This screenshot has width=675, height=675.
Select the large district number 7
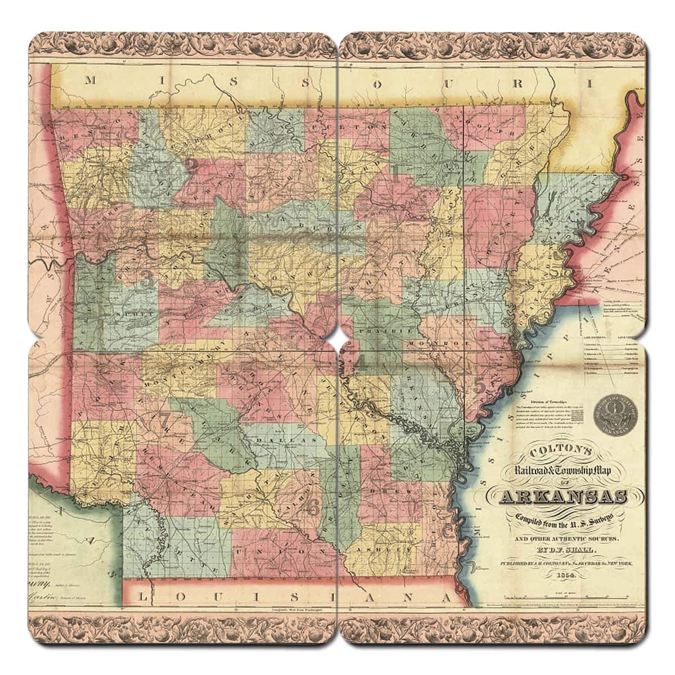point(164,420)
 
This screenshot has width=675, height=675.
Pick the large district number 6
point(313,506)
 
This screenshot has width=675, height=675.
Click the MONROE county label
point(431,342)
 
